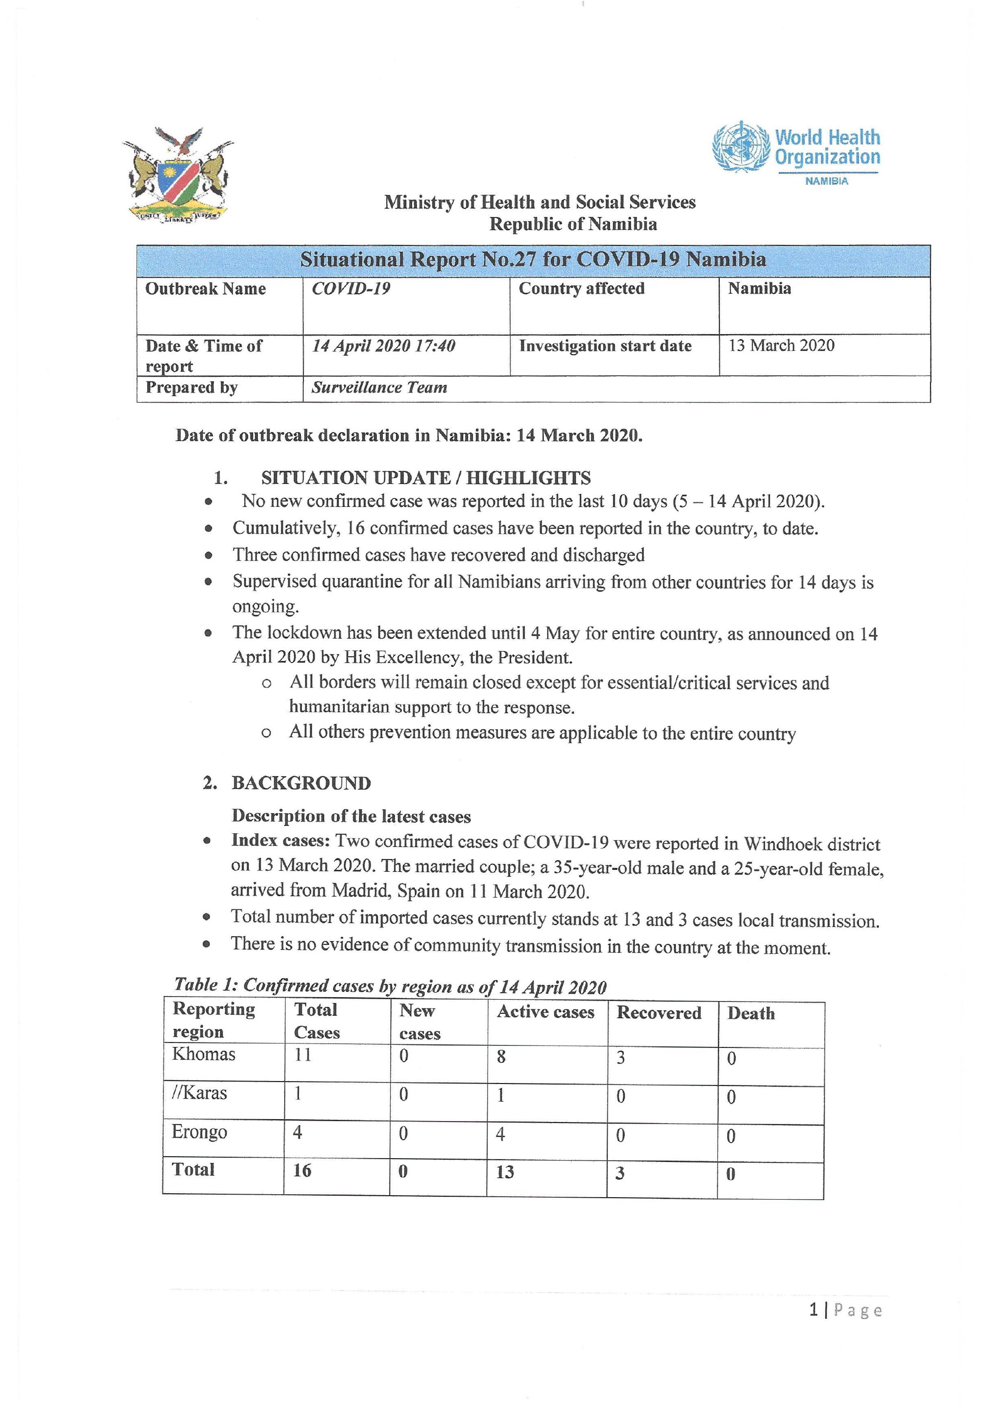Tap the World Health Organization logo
[x=796, y=152]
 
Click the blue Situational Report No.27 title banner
[x=533, y=260]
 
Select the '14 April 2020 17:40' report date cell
[x=384, y=346]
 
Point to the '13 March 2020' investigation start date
[x=781, y=345]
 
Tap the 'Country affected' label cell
[x=582, y=289]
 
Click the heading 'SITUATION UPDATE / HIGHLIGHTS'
[x=425, y=478]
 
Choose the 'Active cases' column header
[x=546, y=1012]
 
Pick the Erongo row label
[x=199, y=1132]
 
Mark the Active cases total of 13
[x=505, y=1171]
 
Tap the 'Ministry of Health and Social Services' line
[x=539, y=202]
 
